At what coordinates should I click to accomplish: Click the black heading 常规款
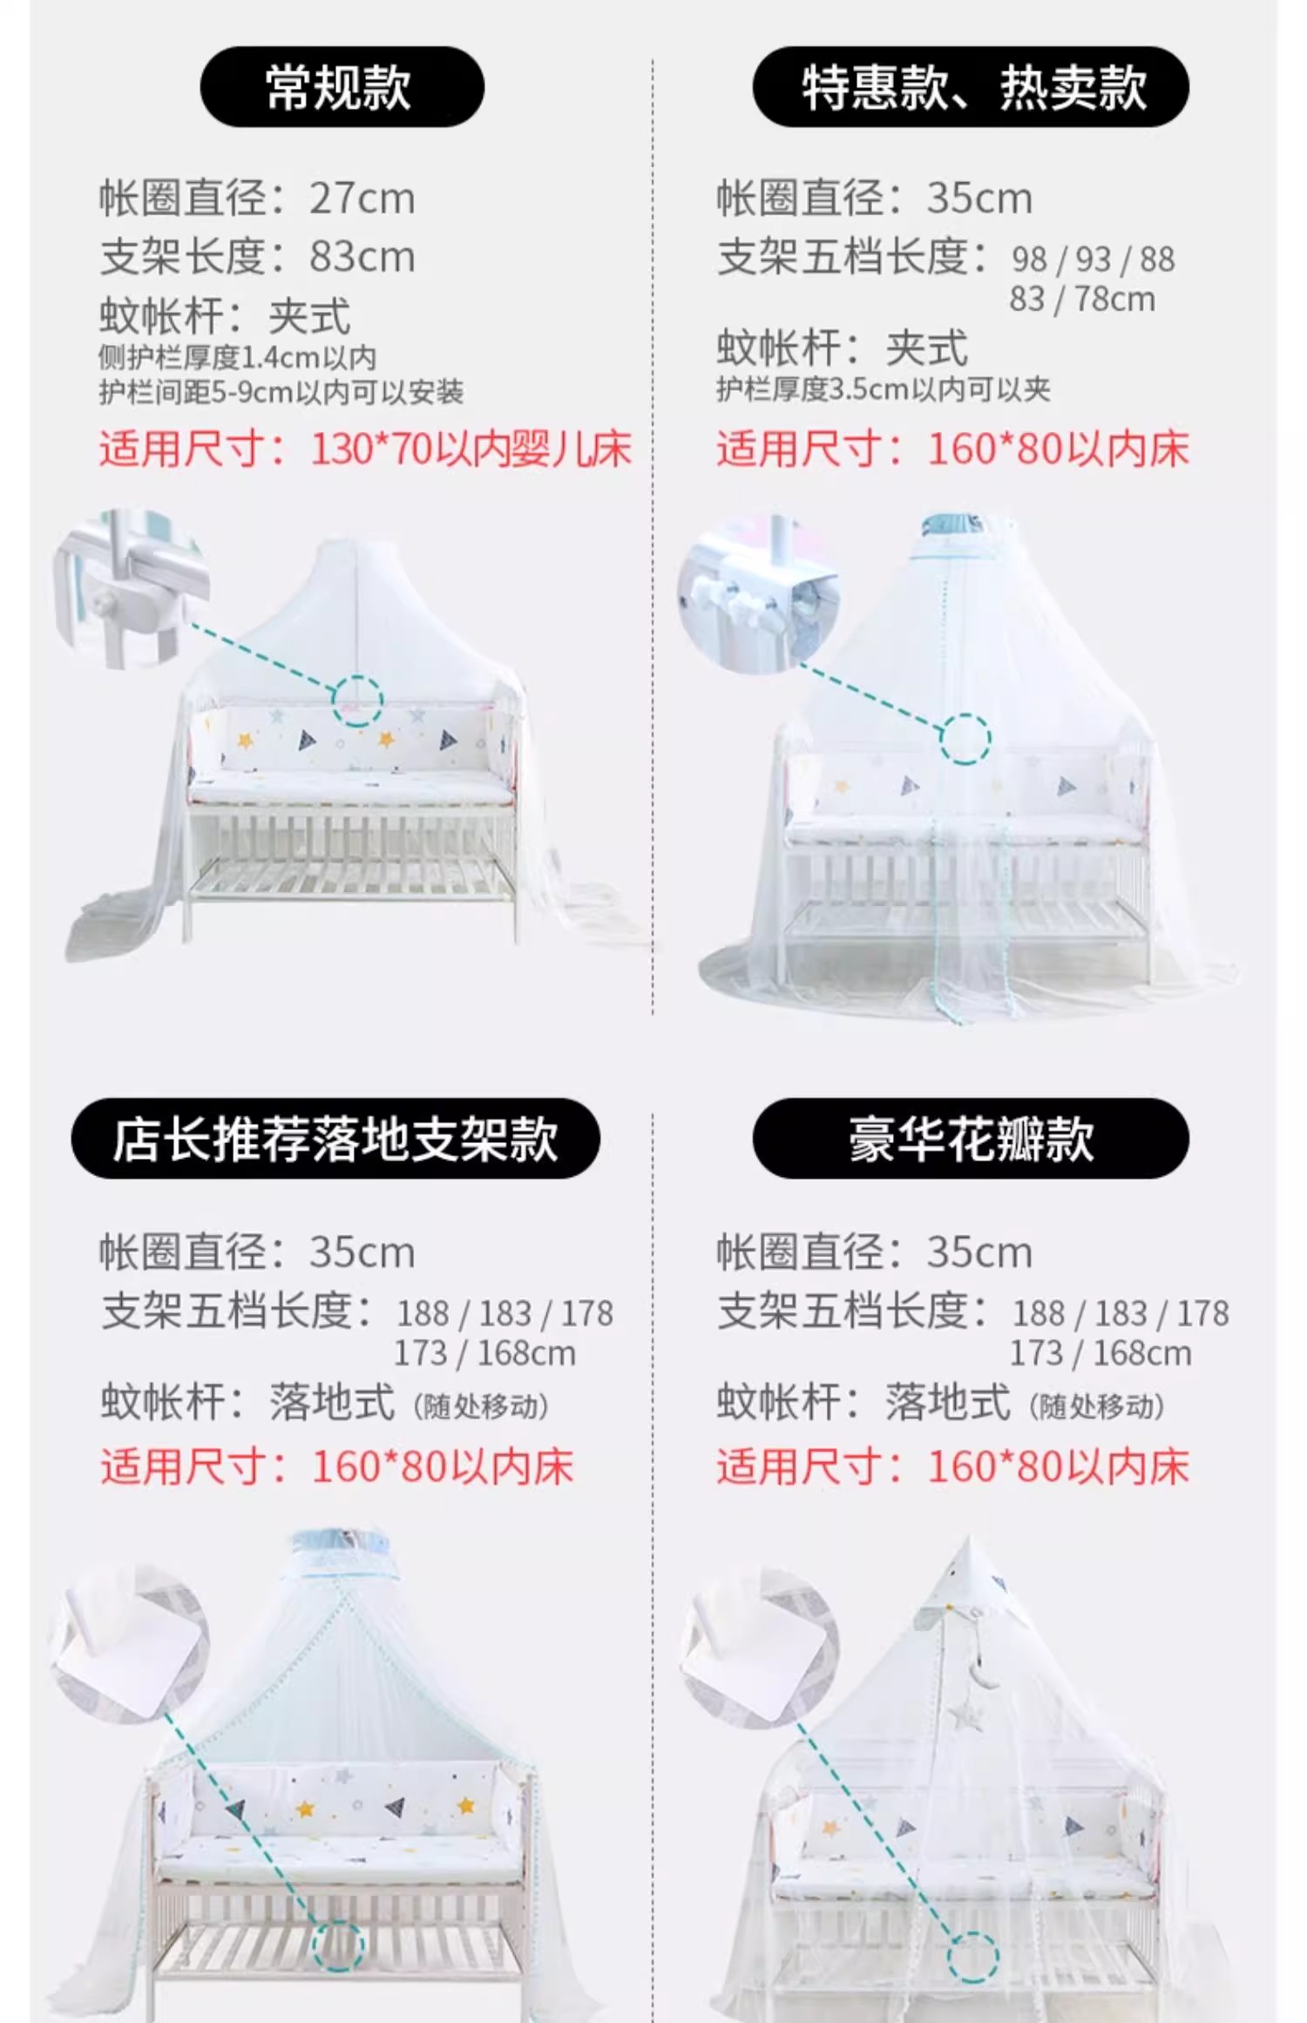click(x=342, y=87)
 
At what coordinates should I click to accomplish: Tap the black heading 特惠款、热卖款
click(x=971, y=87)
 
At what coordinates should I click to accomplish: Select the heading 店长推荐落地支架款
click(x=335, y=1139)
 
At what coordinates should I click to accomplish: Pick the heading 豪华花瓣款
click(x=971, y=1139)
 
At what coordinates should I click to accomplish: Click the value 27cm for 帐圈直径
click(x=362, y=199)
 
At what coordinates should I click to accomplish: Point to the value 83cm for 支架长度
click(x=362, y=257)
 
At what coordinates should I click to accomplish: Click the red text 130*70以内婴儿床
click(x=471, y=450)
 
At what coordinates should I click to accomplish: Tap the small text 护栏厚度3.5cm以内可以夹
click(x=884, y=389)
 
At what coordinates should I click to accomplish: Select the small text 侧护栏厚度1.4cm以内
click(x=237, y=357)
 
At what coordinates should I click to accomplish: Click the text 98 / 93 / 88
click(x=1093, y=260)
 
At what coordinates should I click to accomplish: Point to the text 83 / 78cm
click(x=1082, y=300)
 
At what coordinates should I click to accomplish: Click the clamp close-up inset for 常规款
click(x=131, y=589)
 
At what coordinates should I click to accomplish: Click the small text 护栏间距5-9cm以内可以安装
click(x=281, y=393)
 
